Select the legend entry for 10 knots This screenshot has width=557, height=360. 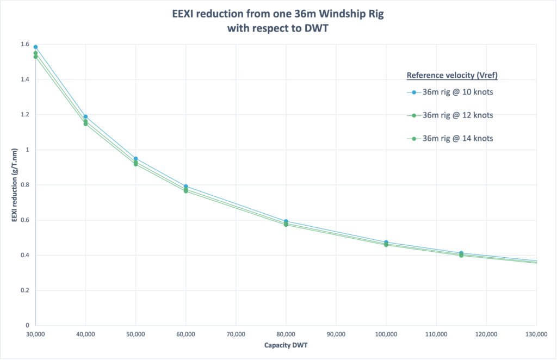pos(457,92)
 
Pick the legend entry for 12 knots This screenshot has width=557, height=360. pos(457,115)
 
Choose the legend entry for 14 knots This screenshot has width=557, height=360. pos(457,139)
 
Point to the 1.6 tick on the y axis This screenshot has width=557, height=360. pos(23,45)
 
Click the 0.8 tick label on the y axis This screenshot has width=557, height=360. pos(23,185)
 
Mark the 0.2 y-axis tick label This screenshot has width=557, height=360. pos(23,290)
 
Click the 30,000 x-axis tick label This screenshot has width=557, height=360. pos(35,334)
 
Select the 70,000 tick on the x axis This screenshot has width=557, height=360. pos(236,334)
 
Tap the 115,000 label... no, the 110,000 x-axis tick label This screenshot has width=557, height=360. pos(436,334)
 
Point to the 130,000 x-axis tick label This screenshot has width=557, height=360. pos(536,334)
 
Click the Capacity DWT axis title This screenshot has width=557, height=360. pos(286,345)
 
